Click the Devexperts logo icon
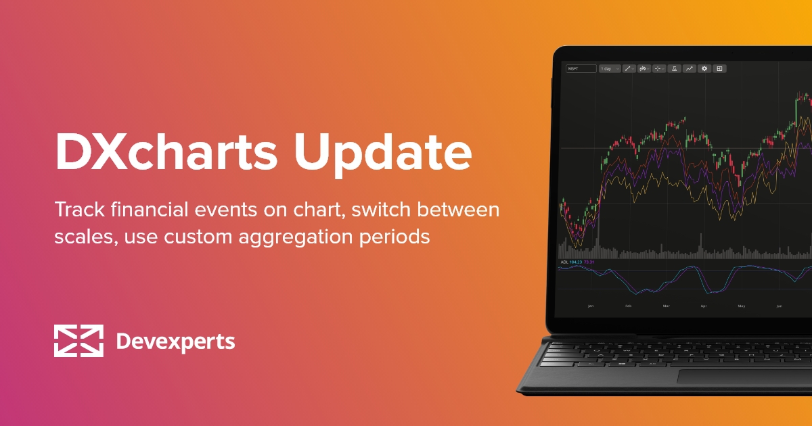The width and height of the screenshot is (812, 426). tap(78, 341)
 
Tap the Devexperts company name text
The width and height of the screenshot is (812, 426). tap(175, 341)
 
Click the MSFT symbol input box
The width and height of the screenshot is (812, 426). tap(581, 69)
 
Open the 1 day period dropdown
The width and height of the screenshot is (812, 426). tap(609, 69)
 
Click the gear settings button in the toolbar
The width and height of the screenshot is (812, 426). tap(704, 69)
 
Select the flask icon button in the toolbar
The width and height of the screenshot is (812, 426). tap(675, 69)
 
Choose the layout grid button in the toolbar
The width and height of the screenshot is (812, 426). tap(720, 69)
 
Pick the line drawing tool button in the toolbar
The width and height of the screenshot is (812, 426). tap(628, 69)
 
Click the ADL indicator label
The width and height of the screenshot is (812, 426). tap(564, 262)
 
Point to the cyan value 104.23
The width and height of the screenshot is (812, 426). tap(576, 262)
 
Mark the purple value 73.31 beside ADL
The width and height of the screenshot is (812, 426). tap(589, 262)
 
